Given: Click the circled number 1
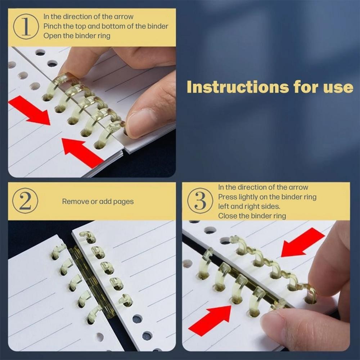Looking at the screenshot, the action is [26, 27].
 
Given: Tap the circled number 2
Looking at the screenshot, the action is [25, 201].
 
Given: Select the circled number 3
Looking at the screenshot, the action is [200, 201].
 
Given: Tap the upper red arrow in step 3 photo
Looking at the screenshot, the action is [303, 242].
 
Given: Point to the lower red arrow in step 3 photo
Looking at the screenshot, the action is [210, 321].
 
